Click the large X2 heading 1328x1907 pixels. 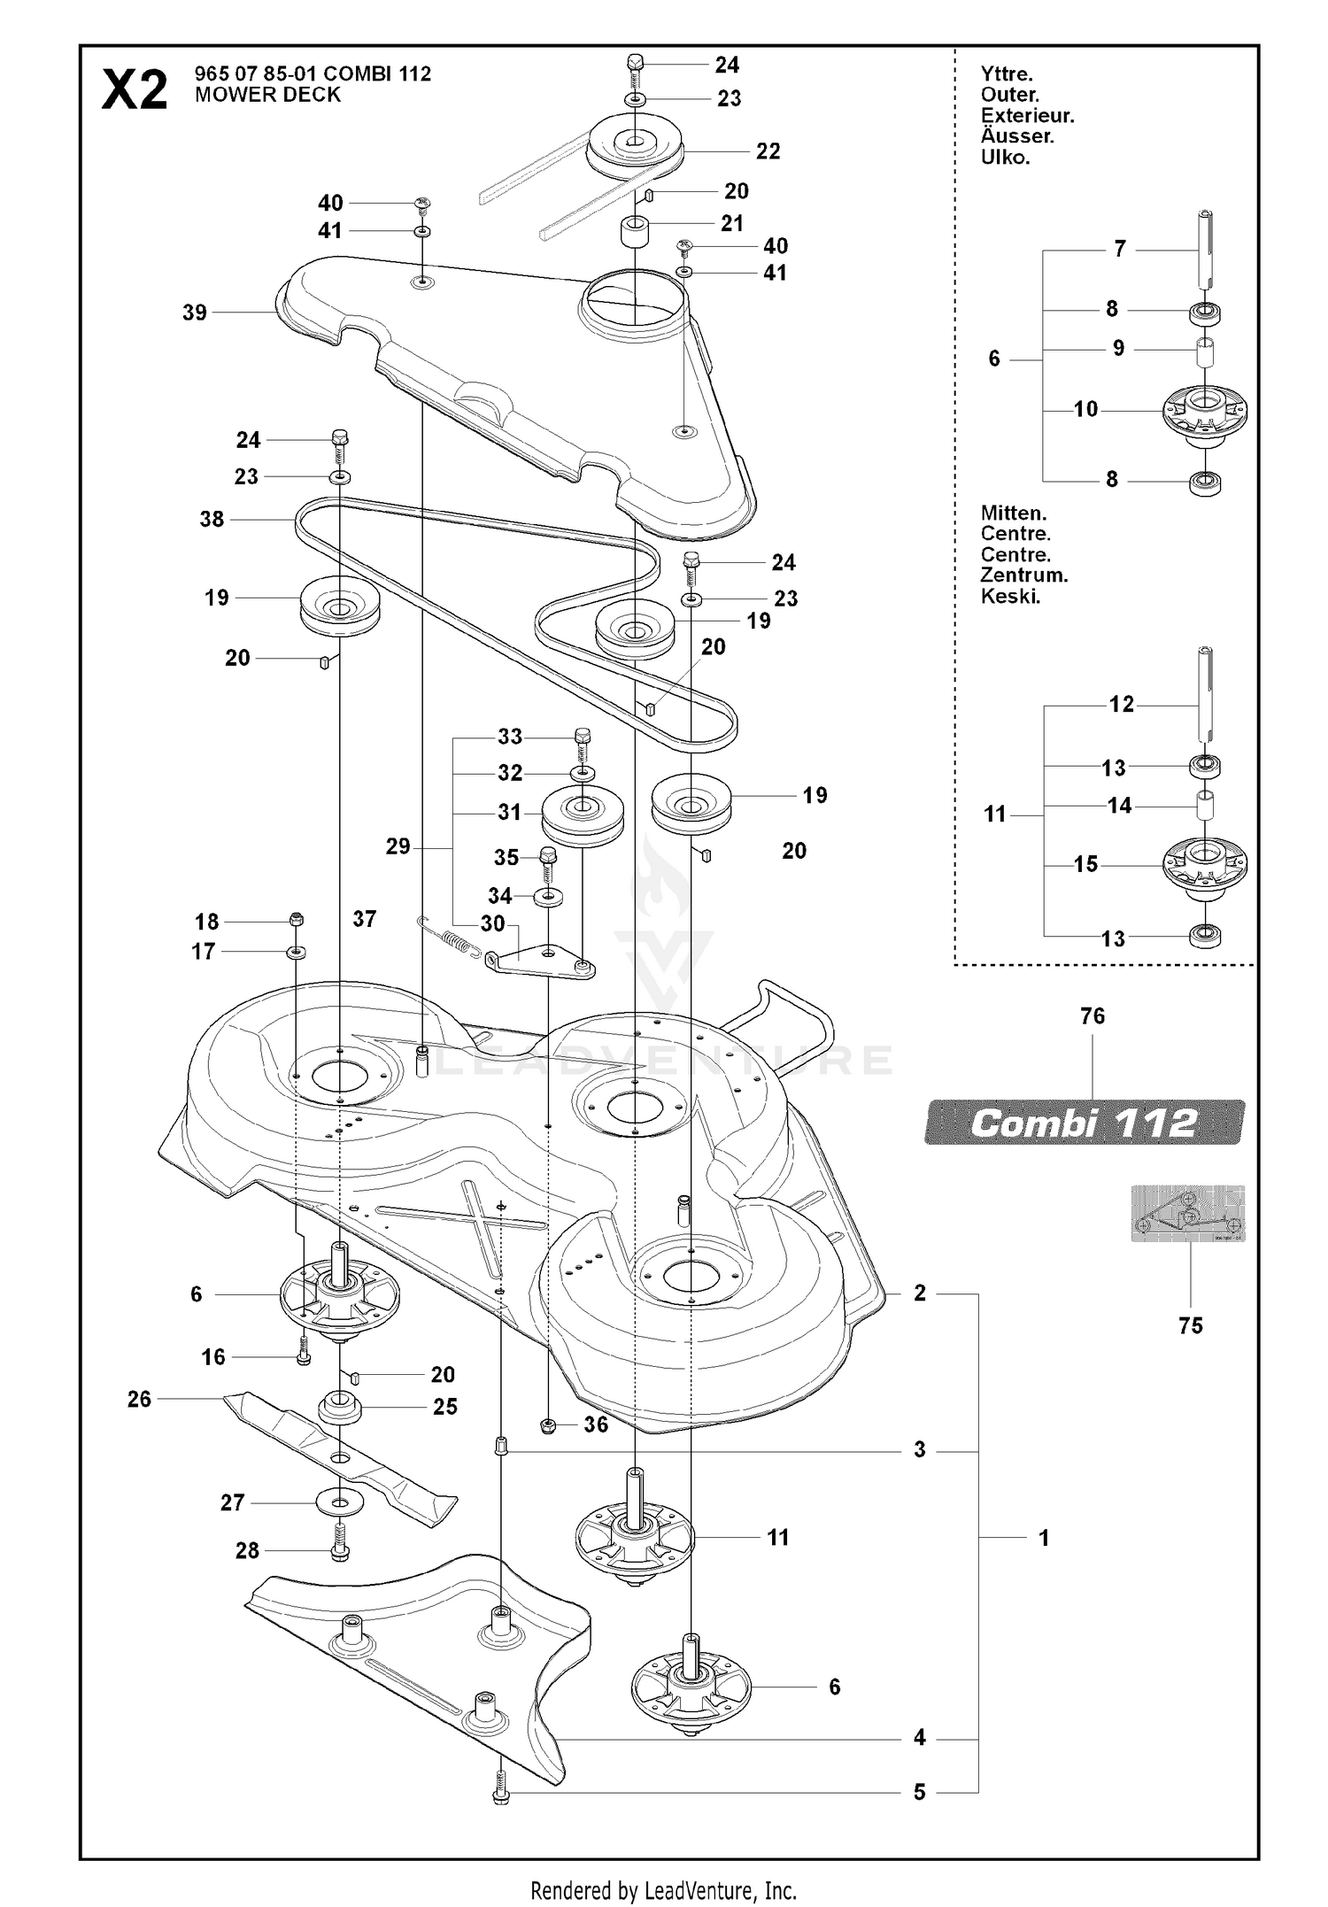coord(135,90)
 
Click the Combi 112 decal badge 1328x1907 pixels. coord(1085,1123)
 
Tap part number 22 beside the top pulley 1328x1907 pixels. coord(768,151)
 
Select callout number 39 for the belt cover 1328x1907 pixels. coord(195,312)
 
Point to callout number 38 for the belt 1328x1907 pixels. coord(212,519)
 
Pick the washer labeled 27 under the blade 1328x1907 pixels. coord(340,1502)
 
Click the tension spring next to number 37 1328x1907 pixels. coord(450,938)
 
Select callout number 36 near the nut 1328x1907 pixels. coord(596,1424)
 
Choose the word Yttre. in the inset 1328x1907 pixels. coord(1007,74)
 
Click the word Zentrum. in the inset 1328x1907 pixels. coord(1024,575)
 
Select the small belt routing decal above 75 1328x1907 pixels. coord(1188,1214)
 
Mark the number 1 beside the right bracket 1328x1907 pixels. coord(1044,1538)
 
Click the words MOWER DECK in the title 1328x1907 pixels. coord(267,95)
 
